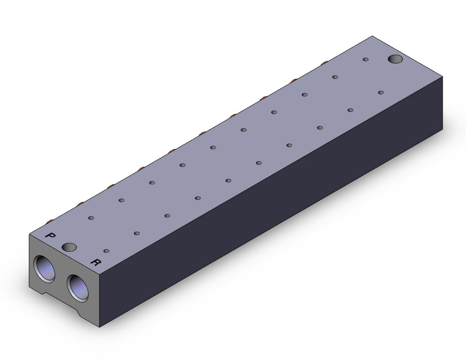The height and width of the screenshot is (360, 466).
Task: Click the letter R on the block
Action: [95, 262]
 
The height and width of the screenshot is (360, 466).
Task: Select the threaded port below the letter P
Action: [45, 268]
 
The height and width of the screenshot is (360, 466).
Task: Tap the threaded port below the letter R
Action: [78, 287]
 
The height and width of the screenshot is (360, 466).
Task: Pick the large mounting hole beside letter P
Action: [69, 246]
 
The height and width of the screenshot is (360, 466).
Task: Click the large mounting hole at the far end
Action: [395, 59]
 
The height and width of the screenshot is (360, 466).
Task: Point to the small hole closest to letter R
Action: [106, 251]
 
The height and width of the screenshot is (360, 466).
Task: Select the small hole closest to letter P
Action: [91, 218]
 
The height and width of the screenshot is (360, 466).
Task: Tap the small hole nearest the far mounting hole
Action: [366, 60]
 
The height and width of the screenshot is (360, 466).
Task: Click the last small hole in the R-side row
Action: [381, 93]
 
